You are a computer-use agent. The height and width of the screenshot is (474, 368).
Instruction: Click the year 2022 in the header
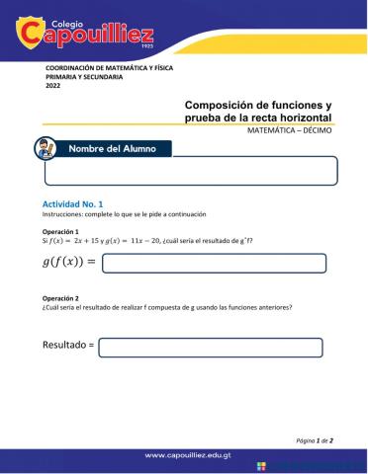(x=53, y=86)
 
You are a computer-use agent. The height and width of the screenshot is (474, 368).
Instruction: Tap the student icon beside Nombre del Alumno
(x=44, y=149)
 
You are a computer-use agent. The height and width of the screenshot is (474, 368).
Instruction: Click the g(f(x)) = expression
(x=68, y=262)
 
